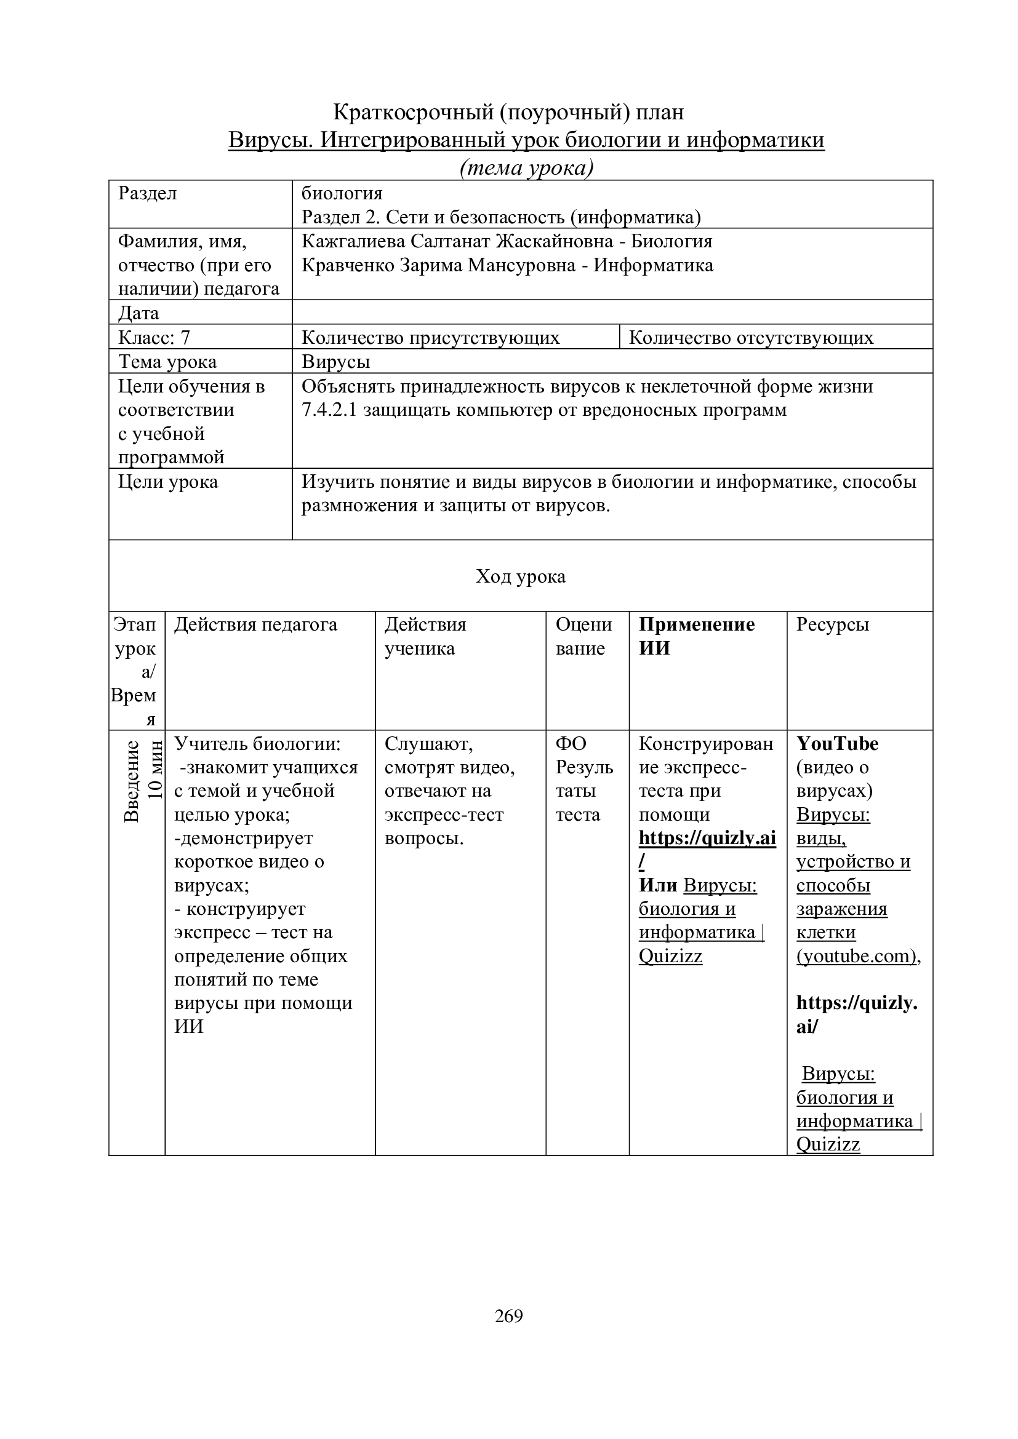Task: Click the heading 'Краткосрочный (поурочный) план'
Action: click(508, 112)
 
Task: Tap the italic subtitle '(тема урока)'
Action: click(527, 168)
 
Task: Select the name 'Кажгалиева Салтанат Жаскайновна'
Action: click(457, 241)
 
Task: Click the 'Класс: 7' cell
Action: click(154, 338)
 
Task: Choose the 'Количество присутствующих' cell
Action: click(431, 338)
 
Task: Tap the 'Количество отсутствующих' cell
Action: click(751, 338)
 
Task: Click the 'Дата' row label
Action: click(138, 313)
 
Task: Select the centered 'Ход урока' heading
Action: click(520, 576)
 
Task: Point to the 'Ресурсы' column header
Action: click(833, 624)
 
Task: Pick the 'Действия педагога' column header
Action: click(256, 624)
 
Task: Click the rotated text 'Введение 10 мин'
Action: click(143, 781)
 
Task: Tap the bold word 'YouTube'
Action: click(838, 743)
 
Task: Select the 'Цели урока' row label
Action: click(168, 482)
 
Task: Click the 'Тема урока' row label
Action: click(167, 362)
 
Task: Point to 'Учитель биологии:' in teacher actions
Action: click(258, 743)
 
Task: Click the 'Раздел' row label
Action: click(148, 193)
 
